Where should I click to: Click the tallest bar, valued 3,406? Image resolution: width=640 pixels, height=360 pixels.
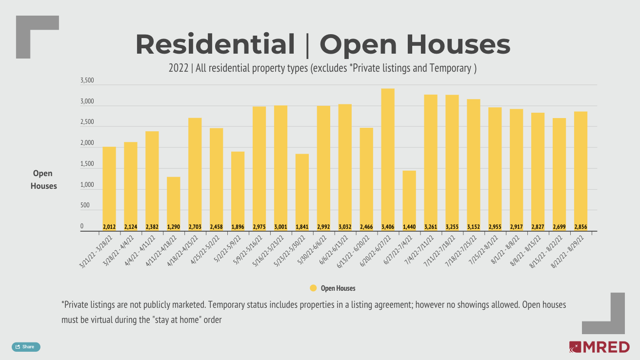coord(388,156)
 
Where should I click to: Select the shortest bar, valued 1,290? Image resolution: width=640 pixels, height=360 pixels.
coord(173,200)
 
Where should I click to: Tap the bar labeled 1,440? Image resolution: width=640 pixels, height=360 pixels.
coord(409,198)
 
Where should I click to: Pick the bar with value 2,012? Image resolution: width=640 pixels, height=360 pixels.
coord(109,185)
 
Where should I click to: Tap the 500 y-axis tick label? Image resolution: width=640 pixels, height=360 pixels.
coord(85,206)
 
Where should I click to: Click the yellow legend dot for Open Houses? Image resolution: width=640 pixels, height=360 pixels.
coord(313,288)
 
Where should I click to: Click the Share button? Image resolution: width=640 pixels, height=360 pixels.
coord(26,347)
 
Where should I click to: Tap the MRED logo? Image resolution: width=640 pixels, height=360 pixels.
coord(599,347)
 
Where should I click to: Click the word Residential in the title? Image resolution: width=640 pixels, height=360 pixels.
coord(215,44)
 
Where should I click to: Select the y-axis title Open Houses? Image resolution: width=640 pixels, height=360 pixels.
coord(44,180)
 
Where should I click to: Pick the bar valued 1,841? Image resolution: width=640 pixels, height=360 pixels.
coord(302,190)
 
